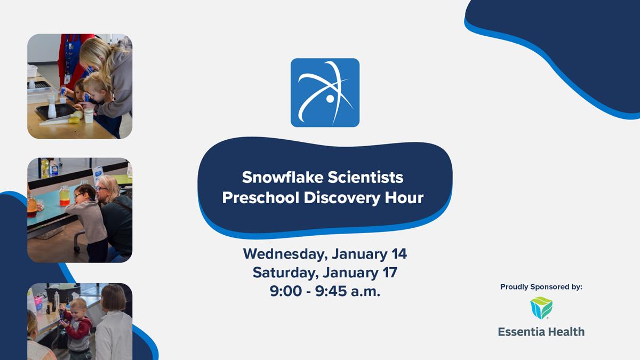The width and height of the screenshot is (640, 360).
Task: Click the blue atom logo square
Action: coord(325,92)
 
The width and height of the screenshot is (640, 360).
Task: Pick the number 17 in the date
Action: coord(389,273)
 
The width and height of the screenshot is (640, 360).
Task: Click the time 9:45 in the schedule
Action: coord(337,291)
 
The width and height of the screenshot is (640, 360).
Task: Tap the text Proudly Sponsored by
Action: coord(541,287)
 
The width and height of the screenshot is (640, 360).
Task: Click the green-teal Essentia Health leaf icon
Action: coord(541,308)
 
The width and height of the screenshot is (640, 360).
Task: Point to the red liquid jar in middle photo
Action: coord(65,196)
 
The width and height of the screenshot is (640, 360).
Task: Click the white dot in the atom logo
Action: coord(330,99)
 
